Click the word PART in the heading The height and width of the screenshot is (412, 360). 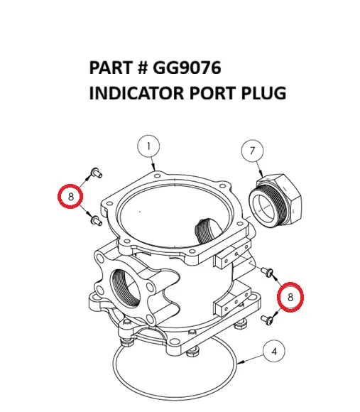(110, 68)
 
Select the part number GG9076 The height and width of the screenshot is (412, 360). (185, 68)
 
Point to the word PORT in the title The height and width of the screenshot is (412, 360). (209, 93)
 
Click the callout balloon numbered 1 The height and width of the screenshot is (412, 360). (148, 148)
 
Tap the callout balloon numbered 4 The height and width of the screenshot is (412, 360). (275, 351)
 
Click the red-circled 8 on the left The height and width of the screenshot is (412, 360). (70, 195)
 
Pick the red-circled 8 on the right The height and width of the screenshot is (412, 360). (290, 297)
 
